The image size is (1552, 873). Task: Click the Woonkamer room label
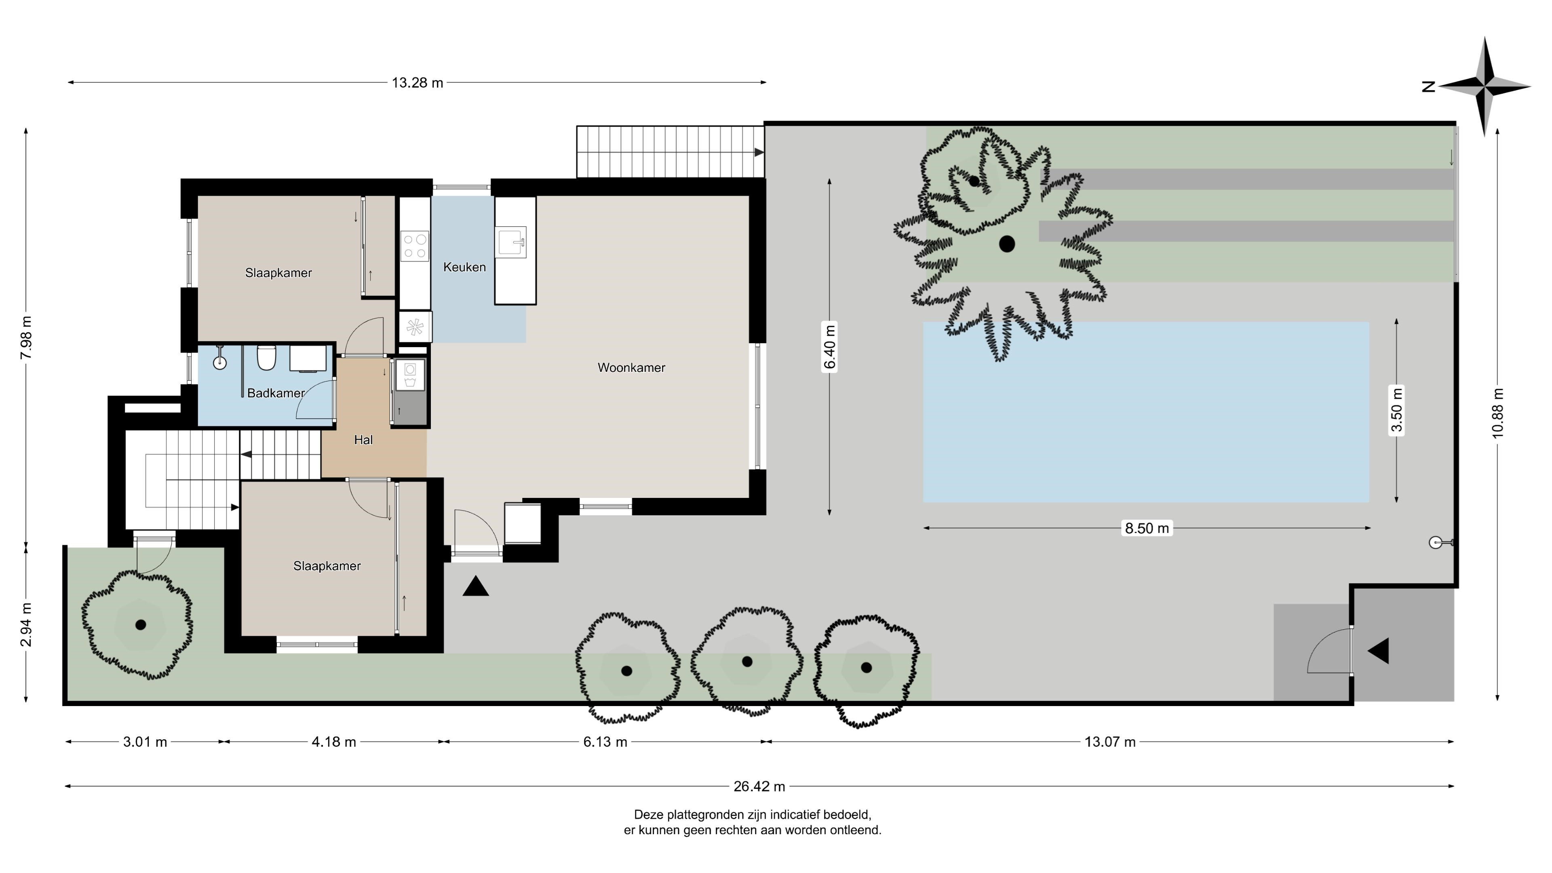coord(631,367)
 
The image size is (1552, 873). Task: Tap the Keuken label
coord(464,267)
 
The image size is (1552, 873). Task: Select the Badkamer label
coord(276,393)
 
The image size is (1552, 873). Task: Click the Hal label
coord(363,440)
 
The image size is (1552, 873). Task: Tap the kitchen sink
coord(511,242)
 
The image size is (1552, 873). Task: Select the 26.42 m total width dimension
coord(759,786)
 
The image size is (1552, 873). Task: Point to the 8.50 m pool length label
coord(1147,528)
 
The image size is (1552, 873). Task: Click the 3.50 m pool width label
coord(1396,410)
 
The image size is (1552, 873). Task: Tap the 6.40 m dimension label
coord(830,348)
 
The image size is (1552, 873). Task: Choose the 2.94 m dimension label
coord(26,624)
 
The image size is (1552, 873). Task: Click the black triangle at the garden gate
coord(1379,651)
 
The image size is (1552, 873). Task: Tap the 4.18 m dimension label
coord(334,742)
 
